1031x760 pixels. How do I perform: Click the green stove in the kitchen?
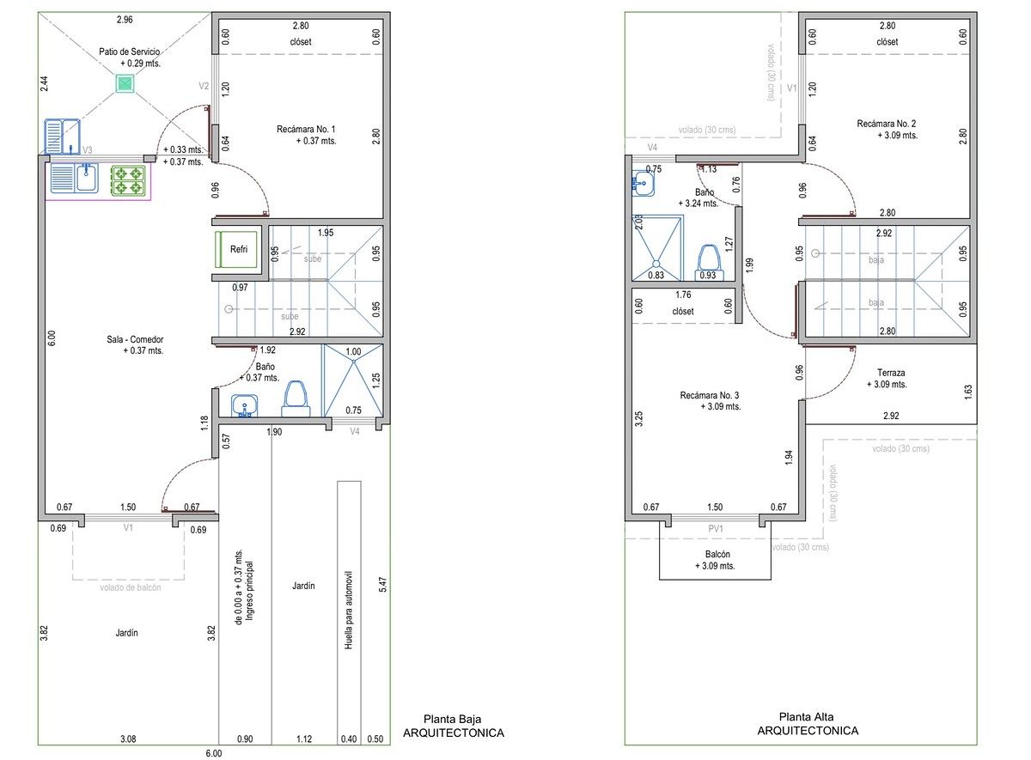128,180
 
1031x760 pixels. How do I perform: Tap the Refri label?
239,249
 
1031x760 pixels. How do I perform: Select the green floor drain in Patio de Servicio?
125,84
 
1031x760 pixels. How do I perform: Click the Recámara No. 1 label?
306,130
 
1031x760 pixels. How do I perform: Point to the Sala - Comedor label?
135,339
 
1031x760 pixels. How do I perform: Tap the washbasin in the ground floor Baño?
244,405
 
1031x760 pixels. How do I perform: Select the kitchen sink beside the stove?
74,178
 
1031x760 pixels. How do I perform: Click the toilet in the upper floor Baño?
709,262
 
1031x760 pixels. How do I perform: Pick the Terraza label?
891,373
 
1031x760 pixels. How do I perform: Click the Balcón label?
717,555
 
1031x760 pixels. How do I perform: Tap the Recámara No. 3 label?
710,395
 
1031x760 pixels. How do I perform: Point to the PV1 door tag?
715,529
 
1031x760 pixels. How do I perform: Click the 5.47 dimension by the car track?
383,585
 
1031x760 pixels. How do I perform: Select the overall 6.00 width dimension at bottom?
214,754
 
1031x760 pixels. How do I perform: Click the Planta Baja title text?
453,719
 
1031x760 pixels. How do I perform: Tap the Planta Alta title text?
807,717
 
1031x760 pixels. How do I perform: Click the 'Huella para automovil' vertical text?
349,611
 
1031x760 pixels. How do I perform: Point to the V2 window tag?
204,86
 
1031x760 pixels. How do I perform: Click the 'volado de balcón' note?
131,587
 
